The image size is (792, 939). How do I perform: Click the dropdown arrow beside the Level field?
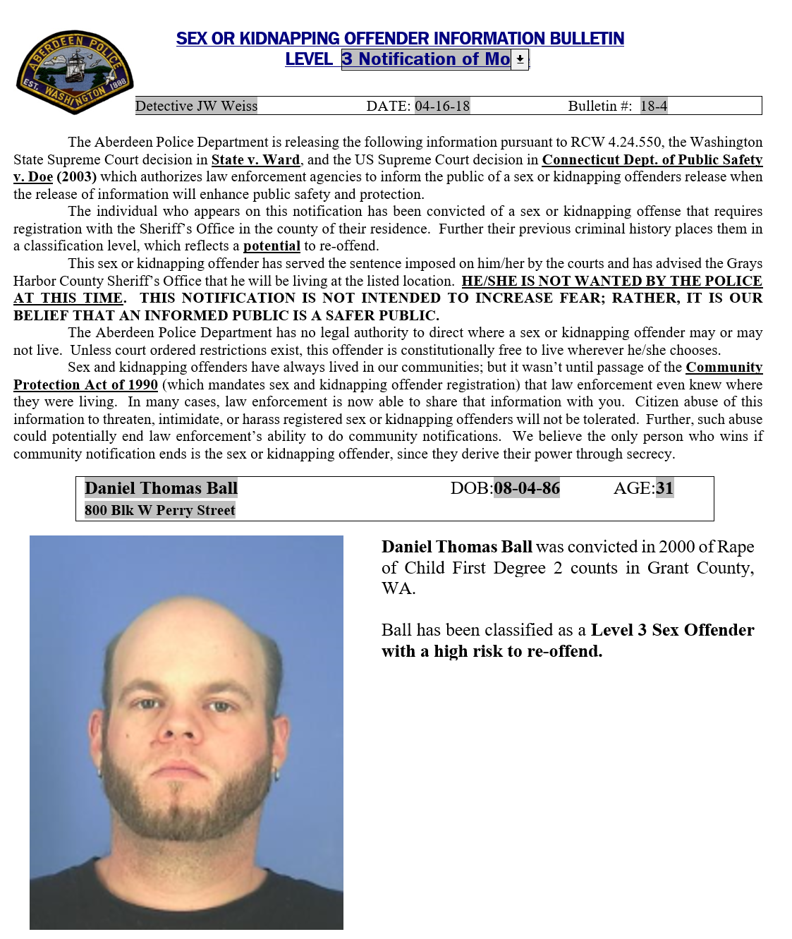click(x=520, y=59)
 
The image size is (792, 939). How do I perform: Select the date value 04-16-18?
click(x=442, y=106)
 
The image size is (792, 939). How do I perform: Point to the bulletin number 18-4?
click(x=654, y=106)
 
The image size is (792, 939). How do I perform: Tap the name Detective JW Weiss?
click(x=196, y=106)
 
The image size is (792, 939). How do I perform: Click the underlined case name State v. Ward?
click(x=255, y=159)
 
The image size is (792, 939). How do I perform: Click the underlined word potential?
click(x=272, y=246)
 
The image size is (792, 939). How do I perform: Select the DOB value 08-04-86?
click(x=527, y=487)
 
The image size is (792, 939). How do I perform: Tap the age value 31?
click(x=664, y=487)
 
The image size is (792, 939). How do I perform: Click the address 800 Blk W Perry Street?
click(x=160, y=510)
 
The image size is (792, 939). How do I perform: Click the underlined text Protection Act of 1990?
click(x=85, y=384)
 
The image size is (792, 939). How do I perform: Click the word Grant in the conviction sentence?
click(x=657, y=568)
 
